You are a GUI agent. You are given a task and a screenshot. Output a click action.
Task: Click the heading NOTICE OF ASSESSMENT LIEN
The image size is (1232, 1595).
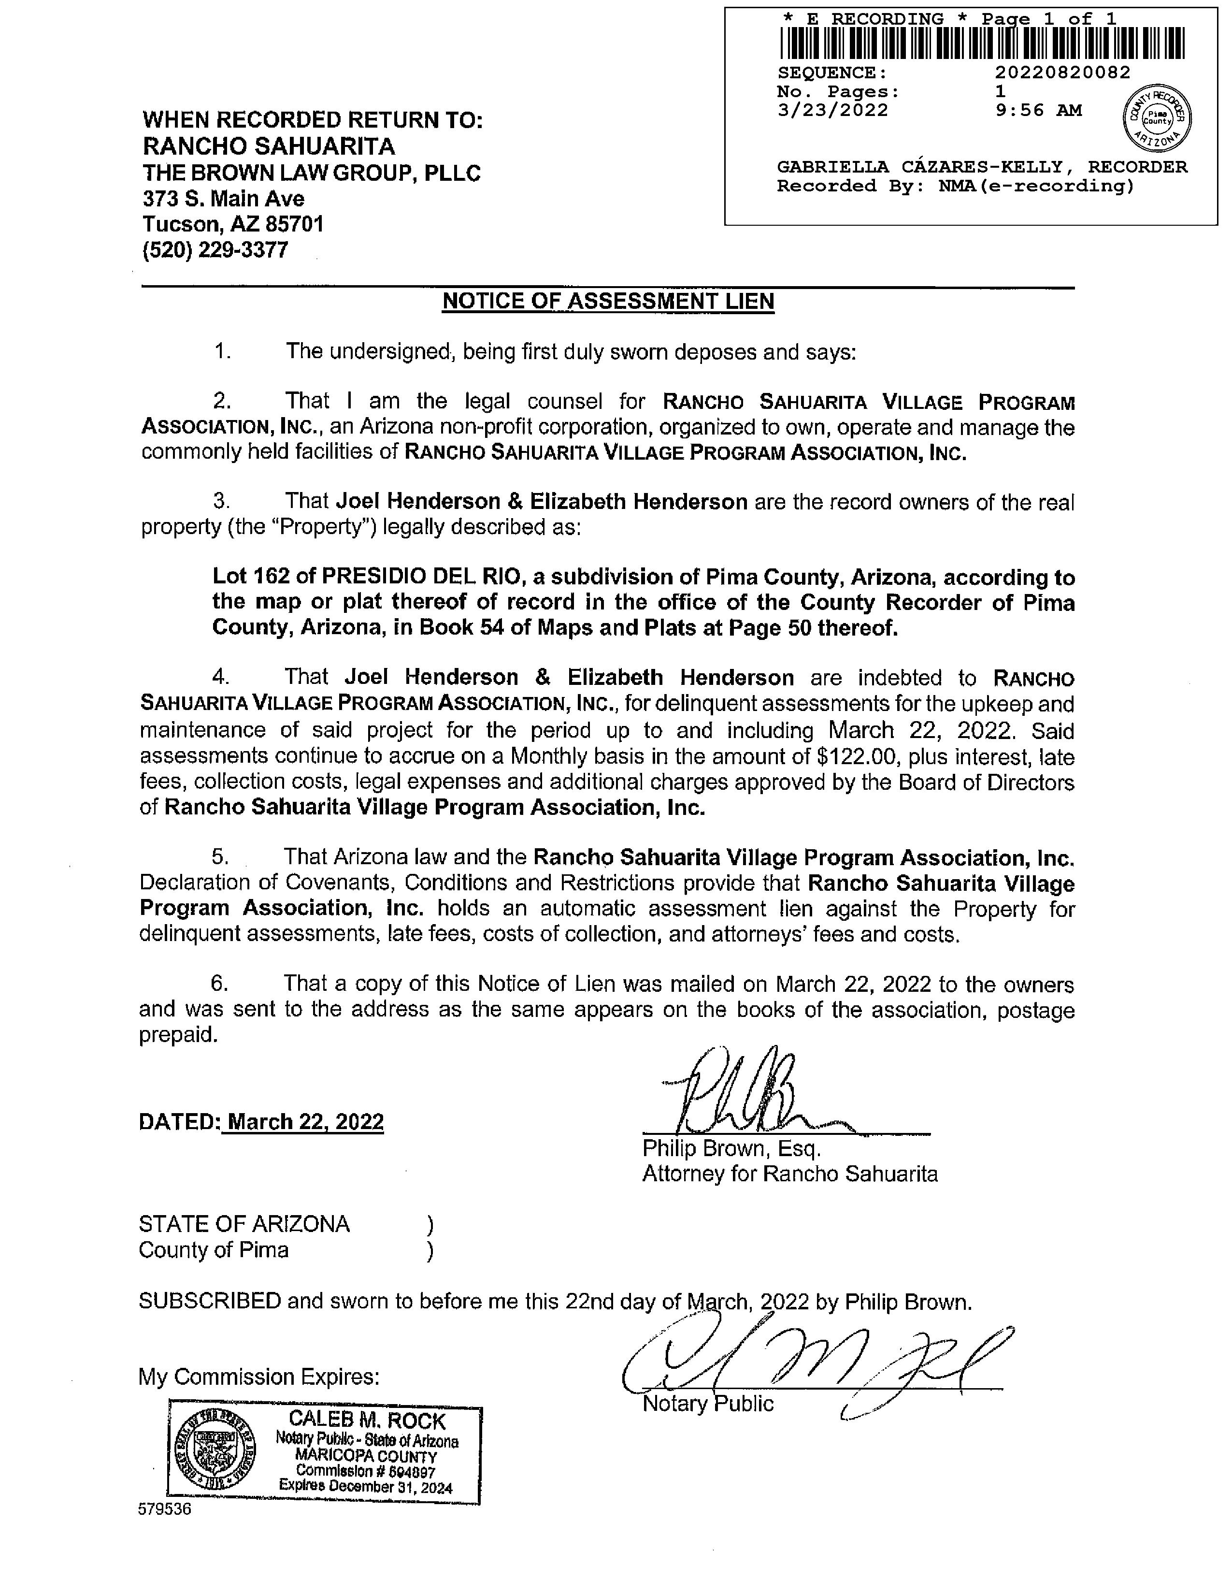pos(608,302)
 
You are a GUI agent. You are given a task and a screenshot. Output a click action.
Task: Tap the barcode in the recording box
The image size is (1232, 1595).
pos(982,43)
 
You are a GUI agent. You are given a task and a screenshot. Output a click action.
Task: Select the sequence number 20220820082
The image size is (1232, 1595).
pos(1062,72)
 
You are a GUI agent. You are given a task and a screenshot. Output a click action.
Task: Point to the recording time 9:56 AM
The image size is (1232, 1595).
pos(1039,110)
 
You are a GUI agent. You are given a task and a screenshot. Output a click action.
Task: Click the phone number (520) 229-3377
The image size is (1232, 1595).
pos(215,250)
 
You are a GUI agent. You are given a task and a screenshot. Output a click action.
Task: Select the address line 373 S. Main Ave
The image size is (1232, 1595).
pos(223,199)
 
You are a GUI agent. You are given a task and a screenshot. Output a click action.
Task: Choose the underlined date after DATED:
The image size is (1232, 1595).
pos(303,1122)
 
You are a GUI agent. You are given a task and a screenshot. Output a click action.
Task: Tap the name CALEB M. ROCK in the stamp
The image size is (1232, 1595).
pos(366,1421)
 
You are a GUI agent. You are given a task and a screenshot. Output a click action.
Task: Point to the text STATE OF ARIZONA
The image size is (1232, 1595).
pos(244,1224)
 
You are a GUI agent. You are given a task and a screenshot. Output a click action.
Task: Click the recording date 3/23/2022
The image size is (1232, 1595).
pos(833,110)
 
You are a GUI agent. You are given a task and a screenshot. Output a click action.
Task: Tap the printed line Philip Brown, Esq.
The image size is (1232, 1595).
pos(731,1149)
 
